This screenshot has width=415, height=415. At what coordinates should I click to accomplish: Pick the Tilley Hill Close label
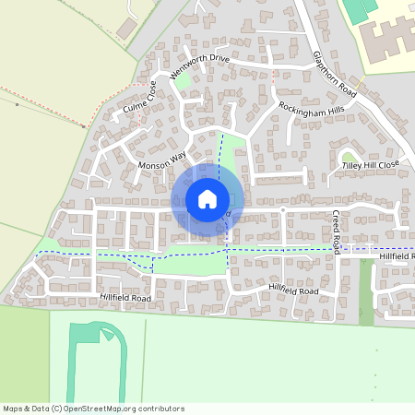pyautogui.click(x=371, y=164)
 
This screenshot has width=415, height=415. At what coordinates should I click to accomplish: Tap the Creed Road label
pyautogui.click(x=337, y=231)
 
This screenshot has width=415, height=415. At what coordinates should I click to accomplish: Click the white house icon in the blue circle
pyautogui.click(x=207, y=198)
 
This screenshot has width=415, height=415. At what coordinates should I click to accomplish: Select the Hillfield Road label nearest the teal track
pyautogui.click(x=125, y=298)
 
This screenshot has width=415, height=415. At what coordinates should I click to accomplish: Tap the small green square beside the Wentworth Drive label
pyautogui.click(x=184, y=82)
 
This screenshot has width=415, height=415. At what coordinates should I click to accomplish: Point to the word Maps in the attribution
pyautogui.click(x=14, y=408)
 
